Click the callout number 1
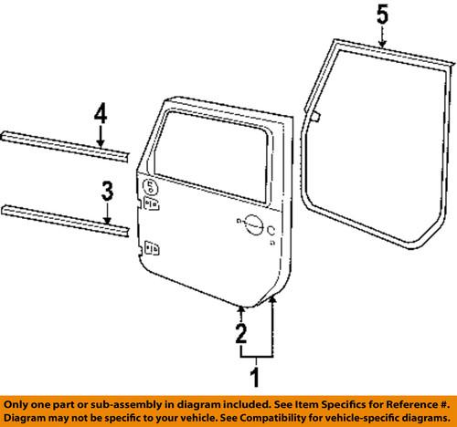(256, 373)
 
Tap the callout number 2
(240, 332)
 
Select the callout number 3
(107, 192)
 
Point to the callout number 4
(101, 116)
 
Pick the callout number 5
(383, 15)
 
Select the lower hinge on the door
(150, 245)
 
